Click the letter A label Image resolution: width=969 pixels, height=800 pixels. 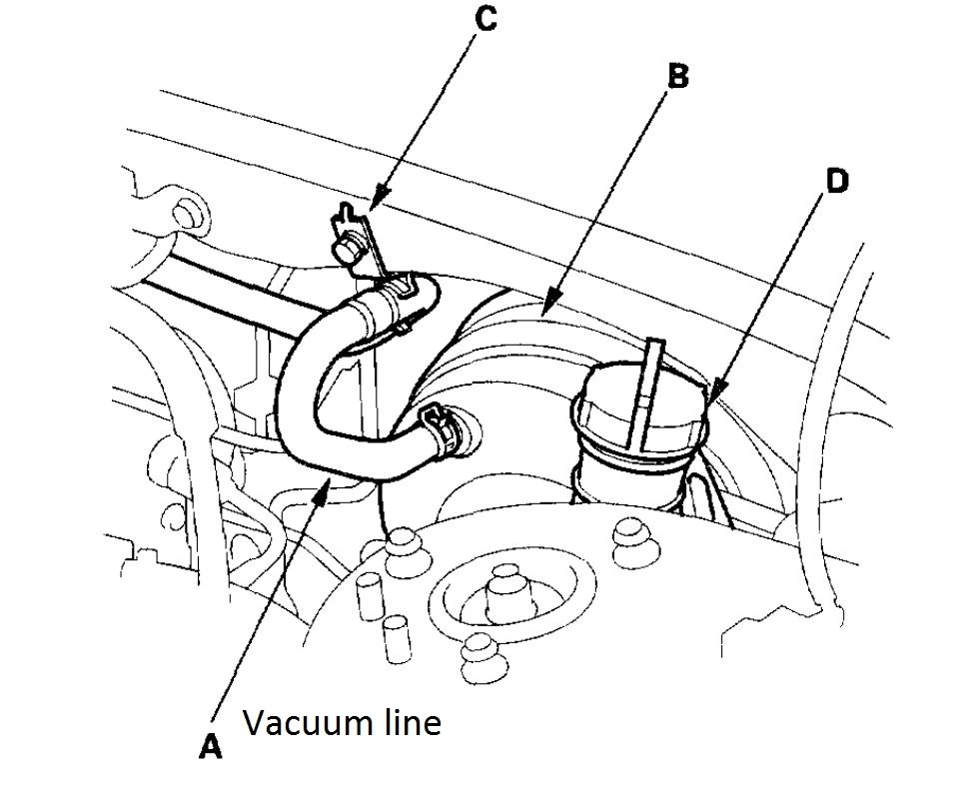tap(210, 746)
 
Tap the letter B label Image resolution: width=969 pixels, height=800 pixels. tap(677, 77)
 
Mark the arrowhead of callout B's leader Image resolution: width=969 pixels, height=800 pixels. tap(548, 300)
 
